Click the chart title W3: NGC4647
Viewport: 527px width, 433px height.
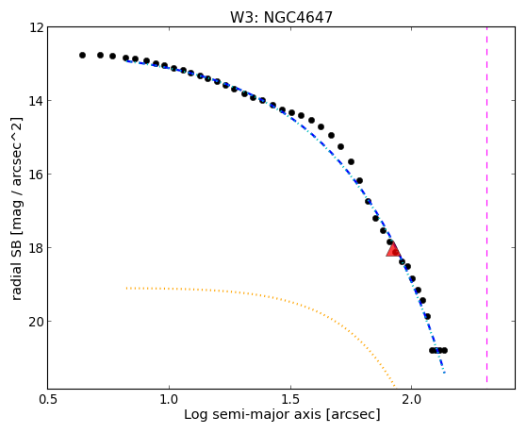[281, 18]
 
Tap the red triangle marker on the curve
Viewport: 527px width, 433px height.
[392, 250]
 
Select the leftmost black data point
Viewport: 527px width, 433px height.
[82, 55]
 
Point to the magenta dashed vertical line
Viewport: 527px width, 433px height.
[486, 205]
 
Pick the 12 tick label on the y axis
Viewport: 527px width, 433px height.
[37, 27]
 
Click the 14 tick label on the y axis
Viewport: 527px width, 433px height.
[37, 101]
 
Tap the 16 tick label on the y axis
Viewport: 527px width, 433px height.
[37, 175]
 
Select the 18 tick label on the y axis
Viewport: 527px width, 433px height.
[37, 247]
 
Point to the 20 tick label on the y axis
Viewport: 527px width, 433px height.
[37, 322]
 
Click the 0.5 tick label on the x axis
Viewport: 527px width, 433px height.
[48, 399]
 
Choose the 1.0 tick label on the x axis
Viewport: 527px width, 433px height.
[169, 399]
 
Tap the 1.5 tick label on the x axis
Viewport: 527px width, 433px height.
[290, 399]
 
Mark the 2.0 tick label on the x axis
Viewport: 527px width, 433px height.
[411, 399]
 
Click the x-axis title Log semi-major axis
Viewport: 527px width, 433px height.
[252, 414]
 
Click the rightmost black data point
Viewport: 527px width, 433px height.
[444, 351]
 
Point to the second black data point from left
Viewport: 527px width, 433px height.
[100, 55]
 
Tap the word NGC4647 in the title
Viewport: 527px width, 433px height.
[298, 18]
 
